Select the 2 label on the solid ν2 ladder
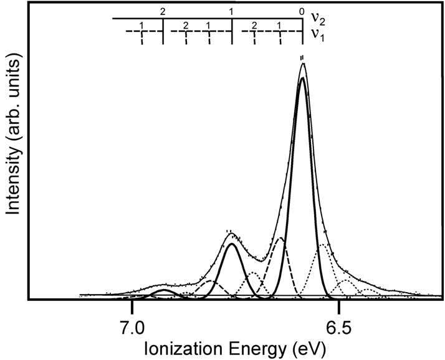pyautogui.click(x=163, y=11)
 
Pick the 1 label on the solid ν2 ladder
pyautogui.click(x=231, y=11)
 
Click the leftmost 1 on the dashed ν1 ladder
pyautogui.click(x=142, y=26)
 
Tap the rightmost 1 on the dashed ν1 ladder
pyautogui.click(x=279, y=26)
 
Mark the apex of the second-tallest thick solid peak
pyautogui.click(x=232, y=244)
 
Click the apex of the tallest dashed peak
pyautogui.click(x=280, y=239)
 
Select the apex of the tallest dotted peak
pyautogui.click(x=323, y=245)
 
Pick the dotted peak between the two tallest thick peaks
pyautogui.click(x=254, y=273)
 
